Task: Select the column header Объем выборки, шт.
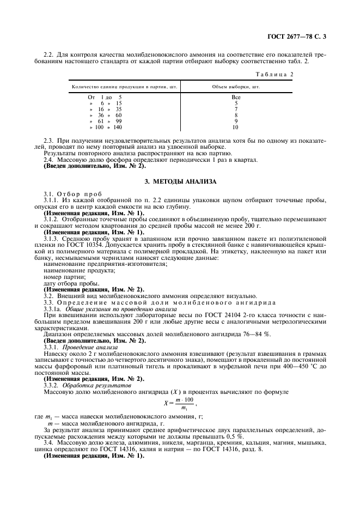(x=236, y=87)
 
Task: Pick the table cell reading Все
(x=236, y=97)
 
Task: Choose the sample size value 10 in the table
(x=235, y=127)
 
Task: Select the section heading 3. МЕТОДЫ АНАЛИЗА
(x=180, y=181)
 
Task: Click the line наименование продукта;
(x=72, y=270)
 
